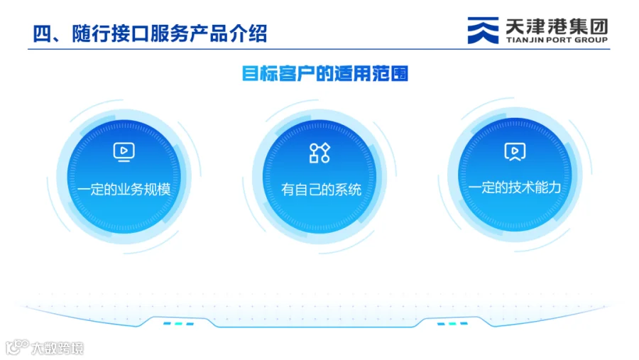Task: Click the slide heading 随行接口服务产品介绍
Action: (x=170, y=33)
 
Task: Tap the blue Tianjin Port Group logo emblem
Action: (x=483, y=30)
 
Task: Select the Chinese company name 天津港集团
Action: (x=557, y=26)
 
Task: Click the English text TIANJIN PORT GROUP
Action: (x=557, y=40)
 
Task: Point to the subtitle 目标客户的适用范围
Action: (x=324, y=74)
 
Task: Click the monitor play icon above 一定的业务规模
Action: (x=124, y=152)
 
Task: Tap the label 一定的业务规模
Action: (x=124, y=189)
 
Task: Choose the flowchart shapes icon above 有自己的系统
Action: (x=319, y=153)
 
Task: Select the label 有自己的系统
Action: (x=321, y=190)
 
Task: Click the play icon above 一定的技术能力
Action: (x=515, y=152)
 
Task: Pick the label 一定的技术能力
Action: (x=515, y=187)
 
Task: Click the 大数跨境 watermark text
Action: (x=58, y=348)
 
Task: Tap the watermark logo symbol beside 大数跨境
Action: (x=17, y=347)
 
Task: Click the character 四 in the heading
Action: (x=42, y=34)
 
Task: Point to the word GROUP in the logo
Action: (x=591, y=40)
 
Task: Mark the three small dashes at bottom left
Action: (x=178, y=324)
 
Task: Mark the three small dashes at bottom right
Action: (x=452, y=324)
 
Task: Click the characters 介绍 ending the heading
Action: (x=248, y=33)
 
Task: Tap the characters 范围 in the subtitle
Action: (x=390, y=74)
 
